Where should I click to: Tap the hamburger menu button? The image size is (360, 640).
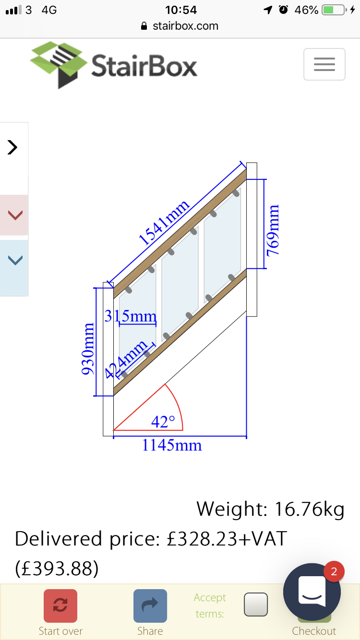click(324, 64)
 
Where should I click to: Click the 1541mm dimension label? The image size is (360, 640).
click(164, 224)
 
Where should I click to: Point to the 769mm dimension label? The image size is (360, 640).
click(273, 230)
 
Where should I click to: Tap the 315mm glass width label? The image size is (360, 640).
click(131, 316)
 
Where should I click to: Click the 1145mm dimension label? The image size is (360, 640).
click(172, 445)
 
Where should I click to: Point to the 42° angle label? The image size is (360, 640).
click(163, 422)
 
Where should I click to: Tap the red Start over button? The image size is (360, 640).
click(60, 606)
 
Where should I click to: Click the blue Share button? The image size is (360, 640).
click(150, 606)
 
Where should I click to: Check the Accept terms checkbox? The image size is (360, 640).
click(256, 604)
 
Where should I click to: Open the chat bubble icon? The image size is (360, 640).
click(312, 592)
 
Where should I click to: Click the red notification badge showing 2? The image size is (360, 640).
click(334, 571)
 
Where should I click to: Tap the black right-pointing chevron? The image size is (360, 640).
click(12, 147)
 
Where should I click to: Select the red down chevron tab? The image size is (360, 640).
click(15, 215)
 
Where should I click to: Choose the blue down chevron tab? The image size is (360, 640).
click(15, 261)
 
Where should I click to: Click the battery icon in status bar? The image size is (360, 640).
click(335, 10)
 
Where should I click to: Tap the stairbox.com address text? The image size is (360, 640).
click(185, 26)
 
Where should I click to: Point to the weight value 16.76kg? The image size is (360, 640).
click(309, 509)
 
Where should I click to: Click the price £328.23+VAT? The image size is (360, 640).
click(227, 539)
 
